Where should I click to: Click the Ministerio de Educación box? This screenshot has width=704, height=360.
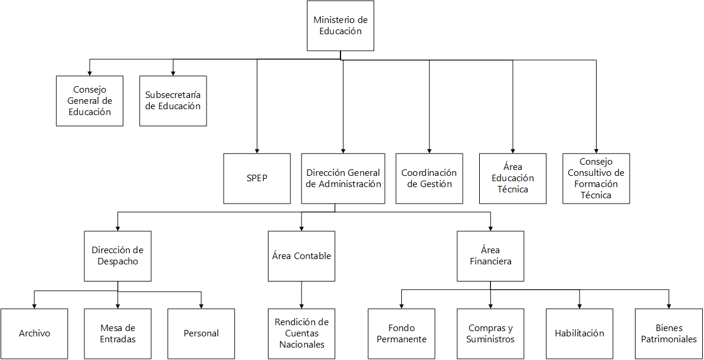(340, 26)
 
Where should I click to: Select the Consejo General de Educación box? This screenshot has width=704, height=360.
(90, 101)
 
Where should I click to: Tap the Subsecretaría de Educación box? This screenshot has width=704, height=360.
(173, 101)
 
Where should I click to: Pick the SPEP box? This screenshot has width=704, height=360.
(257, 178)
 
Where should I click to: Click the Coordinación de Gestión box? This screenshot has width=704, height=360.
(429, 178)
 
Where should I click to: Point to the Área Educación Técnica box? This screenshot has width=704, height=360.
(512, 178)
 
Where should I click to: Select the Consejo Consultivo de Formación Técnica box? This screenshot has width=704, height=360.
(596, 178)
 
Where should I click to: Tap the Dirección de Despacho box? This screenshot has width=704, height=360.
(118, 256)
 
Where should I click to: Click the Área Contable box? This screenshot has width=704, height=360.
(302, 256)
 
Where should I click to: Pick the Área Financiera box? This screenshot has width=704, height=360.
(491, 256)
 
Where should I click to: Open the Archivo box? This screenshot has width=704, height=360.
(34, 333)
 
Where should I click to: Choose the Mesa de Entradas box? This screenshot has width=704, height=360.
(118, 333)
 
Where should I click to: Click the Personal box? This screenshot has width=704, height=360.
(201, 333)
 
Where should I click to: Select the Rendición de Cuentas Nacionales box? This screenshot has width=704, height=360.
(302, 333)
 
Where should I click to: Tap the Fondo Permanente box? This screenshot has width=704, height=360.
(402, 333)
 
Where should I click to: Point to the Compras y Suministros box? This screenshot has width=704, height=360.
(490, 333)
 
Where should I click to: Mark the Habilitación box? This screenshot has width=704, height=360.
(579, 333)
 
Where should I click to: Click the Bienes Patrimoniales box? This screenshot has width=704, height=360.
(669, 333)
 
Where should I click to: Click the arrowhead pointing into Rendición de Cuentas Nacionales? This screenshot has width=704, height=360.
(302, 306)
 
